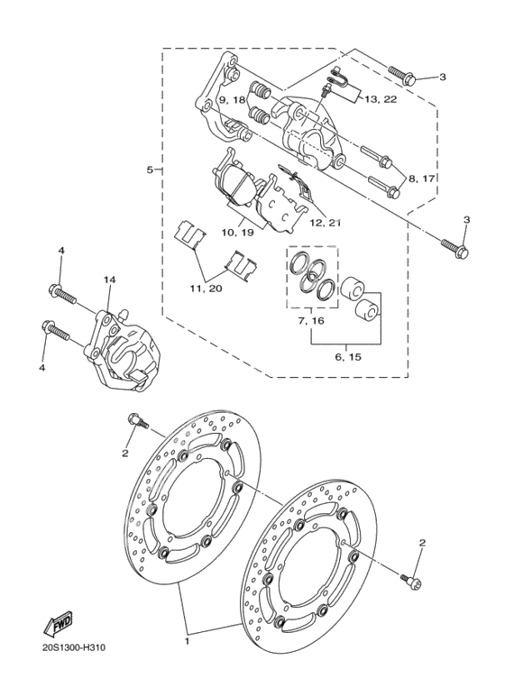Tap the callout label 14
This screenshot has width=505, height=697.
coord(109,280)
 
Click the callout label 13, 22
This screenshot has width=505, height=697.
coord(381,99)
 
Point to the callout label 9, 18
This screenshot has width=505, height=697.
coord(232,99)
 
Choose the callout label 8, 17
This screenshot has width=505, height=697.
coord(421,179)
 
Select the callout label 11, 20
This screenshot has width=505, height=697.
coord(206,289)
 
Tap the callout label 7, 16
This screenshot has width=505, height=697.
coord(312,320)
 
